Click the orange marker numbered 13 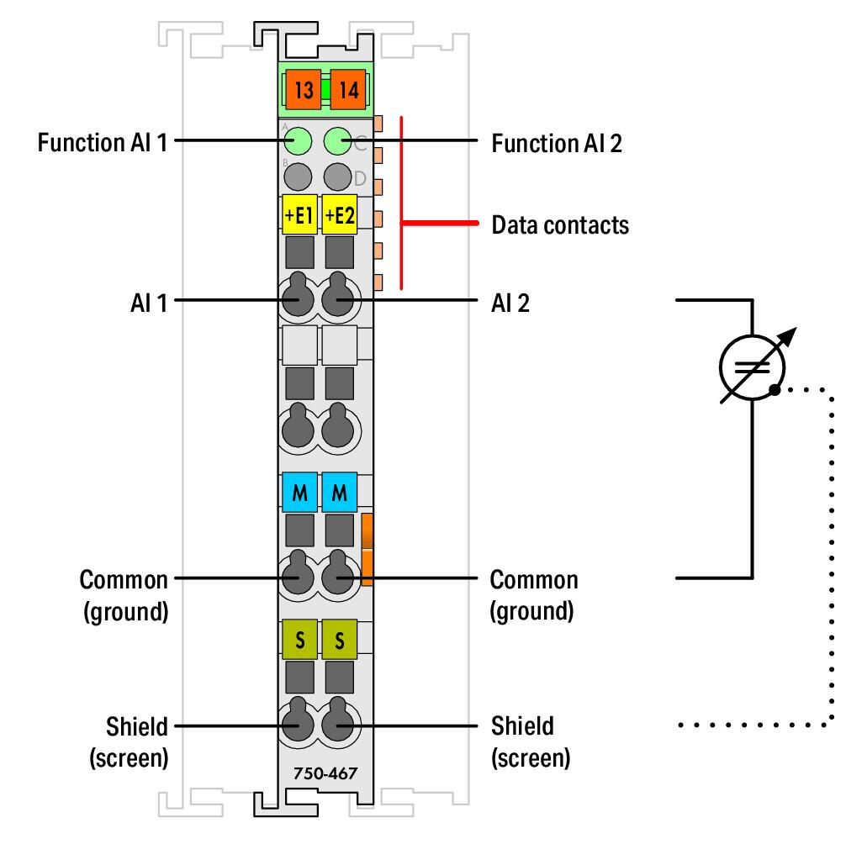[304, 89]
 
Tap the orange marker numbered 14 [348, 89]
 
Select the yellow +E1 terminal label [299, 214]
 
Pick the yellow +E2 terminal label [340, 214]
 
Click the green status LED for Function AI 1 [298, 141]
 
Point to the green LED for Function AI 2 [338, 141]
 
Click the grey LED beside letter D [338, 177]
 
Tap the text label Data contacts [560, 225]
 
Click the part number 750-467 [325, 773]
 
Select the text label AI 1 [149, 303]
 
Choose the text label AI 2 [510, 303]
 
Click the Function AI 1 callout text [103, 143]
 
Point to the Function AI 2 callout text [557, 144]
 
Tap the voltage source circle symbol [752, 367]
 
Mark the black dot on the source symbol [775, 389]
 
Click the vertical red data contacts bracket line [401, 203]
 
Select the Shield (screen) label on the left [129, 742]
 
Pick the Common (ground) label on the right [534, 595]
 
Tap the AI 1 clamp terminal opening [298, 295]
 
